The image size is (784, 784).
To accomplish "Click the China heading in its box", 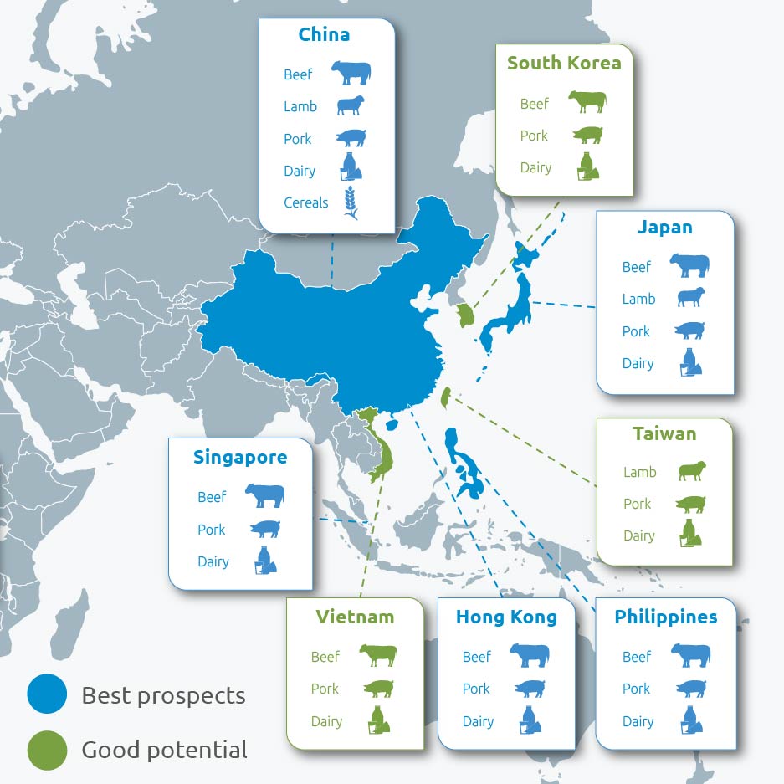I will pos(324,35).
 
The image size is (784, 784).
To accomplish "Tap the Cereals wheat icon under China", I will pos(351,202).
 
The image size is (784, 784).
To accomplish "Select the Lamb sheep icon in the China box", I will pos(351,106).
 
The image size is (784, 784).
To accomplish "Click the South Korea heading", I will pos(564,64).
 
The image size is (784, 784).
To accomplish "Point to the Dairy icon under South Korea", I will pos(588,167).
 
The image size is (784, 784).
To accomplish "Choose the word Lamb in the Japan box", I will pos(638,299).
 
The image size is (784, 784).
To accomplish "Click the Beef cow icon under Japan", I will pos(689,266).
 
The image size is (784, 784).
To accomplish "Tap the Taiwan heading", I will pos(664,433).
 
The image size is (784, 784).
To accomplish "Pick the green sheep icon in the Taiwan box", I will pos(691,471).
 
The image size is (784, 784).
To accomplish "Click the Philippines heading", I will pos(665,617).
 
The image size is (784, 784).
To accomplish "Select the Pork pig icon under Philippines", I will pos(690,689).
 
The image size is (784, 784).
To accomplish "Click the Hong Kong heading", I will pos(506,617).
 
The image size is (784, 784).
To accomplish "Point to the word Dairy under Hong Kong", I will pos(478,721).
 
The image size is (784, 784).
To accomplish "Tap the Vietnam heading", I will pos(355,617).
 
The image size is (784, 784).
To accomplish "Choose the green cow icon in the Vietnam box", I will pos(378,656).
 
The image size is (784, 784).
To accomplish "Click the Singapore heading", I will pos(240,458).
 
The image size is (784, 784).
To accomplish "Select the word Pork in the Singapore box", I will pos(212,530).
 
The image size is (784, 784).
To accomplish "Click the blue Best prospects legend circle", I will pos(47,695).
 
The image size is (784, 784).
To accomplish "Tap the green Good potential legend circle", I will pos(47,750).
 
